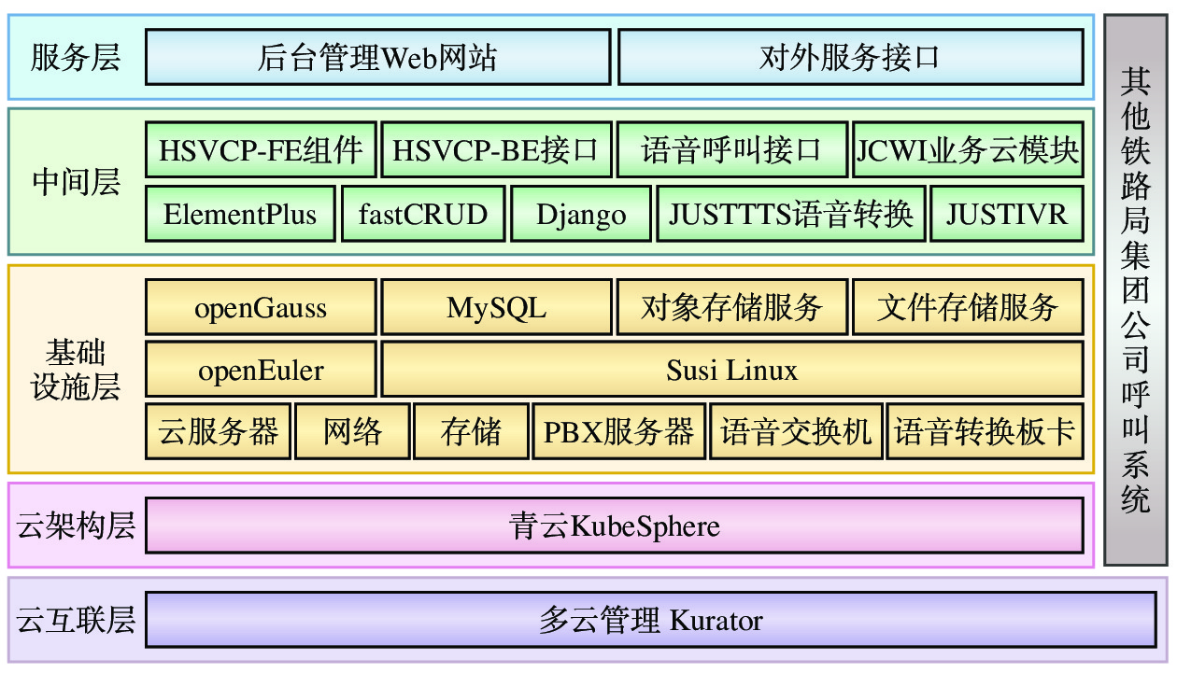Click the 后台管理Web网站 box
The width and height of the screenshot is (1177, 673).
(377, 58)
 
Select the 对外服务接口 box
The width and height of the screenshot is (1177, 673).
(850, 58)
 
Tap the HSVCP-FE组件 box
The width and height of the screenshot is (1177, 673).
(261, 149)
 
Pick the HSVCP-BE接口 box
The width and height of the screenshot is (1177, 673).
(496, 149)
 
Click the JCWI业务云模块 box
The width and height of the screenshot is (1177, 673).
(968, 149)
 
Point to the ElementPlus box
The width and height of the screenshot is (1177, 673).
(240, 214)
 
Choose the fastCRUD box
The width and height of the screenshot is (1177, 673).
(423, 214)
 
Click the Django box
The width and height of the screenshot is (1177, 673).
(581, 214)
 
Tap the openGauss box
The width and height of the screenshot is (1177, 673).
(261, 307)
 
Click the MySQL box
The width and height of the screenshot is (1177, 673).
(496, 307)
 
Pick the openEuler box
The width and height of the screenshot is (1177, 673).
(261, 370)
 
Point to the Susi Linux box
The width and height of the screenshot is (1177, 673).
(732, 370)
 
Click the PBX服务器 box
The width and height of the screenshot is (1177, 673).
(618, 431)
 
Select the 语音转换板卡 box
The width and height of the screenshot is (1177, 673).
(985, 431)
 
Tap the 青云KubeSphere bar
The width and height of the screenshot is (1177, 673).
(615, 526)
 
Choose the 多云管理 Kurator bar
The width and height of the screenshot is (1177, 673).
(650, 620)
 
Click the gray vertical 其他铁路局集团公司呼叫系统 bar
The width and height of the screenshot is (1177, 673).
(1135, 289)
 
